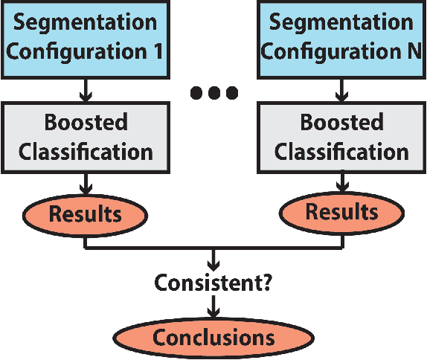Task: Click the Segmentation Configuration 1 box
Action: pyautogui.click(x=86, y=38)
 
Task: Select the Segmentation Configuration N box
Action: pyautogui.click(x=341, y=38)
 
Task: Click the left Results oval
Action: pyautogui.click(x=86, y=214)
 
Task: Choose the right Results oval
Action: pyautogui.click(x=341, y=211)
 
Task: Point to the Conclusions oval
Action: pyautogui.click(x=213, y=338)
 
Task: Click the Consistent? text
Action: pyautogui.click(x=213, y=283)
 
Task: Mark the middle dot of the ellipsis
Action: pyautogui.click(x=213, y=93)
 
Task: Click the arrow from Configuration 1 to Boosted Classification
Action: pyautogui.click(x=86, y=89)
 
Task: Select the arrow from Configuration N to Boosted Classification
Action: pyautogui.click(x=341, y=89)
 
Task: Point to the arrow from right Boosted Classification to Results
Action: pyautogui.click(x=341, y=182)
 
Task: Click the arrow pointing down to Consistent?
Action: pyautogui.click(x=213, y=260)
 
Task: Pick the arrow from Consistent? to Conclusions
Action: pyautogui.click(x=213, y=307)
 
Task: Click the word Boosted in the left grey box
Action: pyautogui.click(x=86, y=123)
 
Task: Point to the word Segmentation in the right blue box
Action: pyautogui.click(x=341, y=22)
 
